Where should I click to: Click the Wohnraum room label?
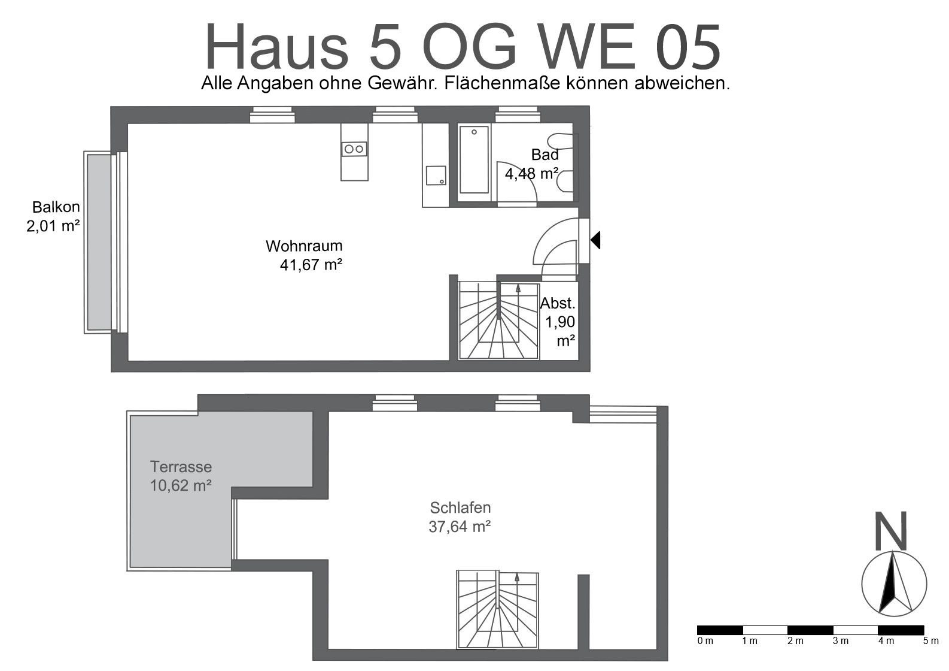pos(304,246)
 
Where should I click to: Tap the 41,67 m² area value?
pos(311,265)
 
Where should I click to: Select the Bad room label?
pos(545,155)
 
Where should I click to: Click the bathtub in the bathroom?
pos(474,159)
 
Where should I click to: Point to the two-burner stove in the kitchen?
pos(354,149)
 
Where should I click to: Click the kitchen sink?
pos(436,176)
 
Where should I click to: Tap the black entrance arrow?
pos(595,240)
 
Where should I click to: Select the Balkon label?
pos(56,207)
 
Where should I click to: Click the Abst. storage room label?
pos(558,303)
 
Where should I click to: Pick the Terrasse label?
pos(181,467)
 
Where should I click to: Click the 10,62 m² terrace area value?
pos(181,486)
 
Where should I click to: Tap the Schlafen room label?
pos(460,507)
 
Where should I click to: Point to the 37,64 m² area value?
pos(460,527)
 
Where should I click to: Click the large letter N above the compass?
pos(891,531)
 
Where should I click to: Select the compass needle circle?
pos(894,584)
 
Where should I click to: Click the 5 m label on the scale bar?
pos(931,641)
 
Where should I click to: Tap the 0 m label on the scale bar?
pos(705,641)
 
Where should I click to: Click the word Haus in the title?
pos(276,47)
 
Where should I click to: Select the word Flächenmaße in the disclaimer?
pos(503,83)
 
